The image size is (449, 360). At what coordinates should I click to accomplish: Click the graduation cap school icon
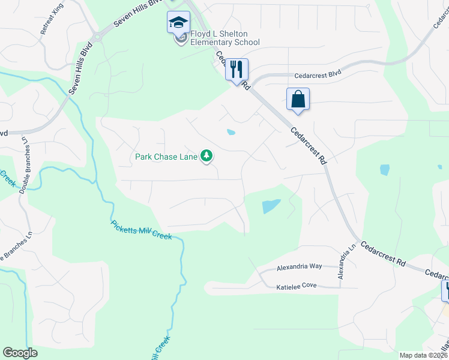click(x=178, y=23)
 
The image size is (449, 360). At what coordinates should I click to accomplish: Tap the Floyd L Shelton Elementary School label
click(x=224, y=38)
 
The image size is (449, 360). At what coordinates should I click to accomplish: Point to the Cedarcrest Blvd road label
click(x=318, y=76)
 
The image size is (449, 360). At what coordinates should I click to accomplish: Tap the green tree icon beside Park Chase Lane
click(x=207, y=157)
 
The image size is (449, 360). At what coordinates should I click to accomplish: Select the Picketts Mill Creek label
click(x=142, y=230)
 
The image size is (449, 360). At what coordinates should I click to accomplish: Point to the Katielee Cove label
click(x=296, y=286)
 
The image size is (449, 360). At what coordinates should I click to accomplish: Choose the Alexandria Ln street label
click(x=347, y=261)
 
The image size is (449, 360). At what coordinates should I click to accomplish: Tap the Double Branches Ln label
click(x=25, y=165)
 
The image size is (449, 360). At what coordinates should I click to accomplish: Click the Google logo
click(x=20, y=353)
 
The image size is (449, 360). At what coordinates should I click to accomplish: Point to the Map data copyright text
click(x=423, y=355)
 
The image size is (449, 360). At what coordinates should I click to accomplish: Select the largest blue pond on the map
click(x=271, y=206)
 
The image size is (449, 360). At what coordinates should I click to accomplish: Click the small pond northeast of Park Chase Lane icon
click(x=231, y=132)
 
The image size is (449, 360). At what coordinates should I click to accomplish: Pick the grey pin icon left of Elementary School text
click(x=179, y=40)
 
